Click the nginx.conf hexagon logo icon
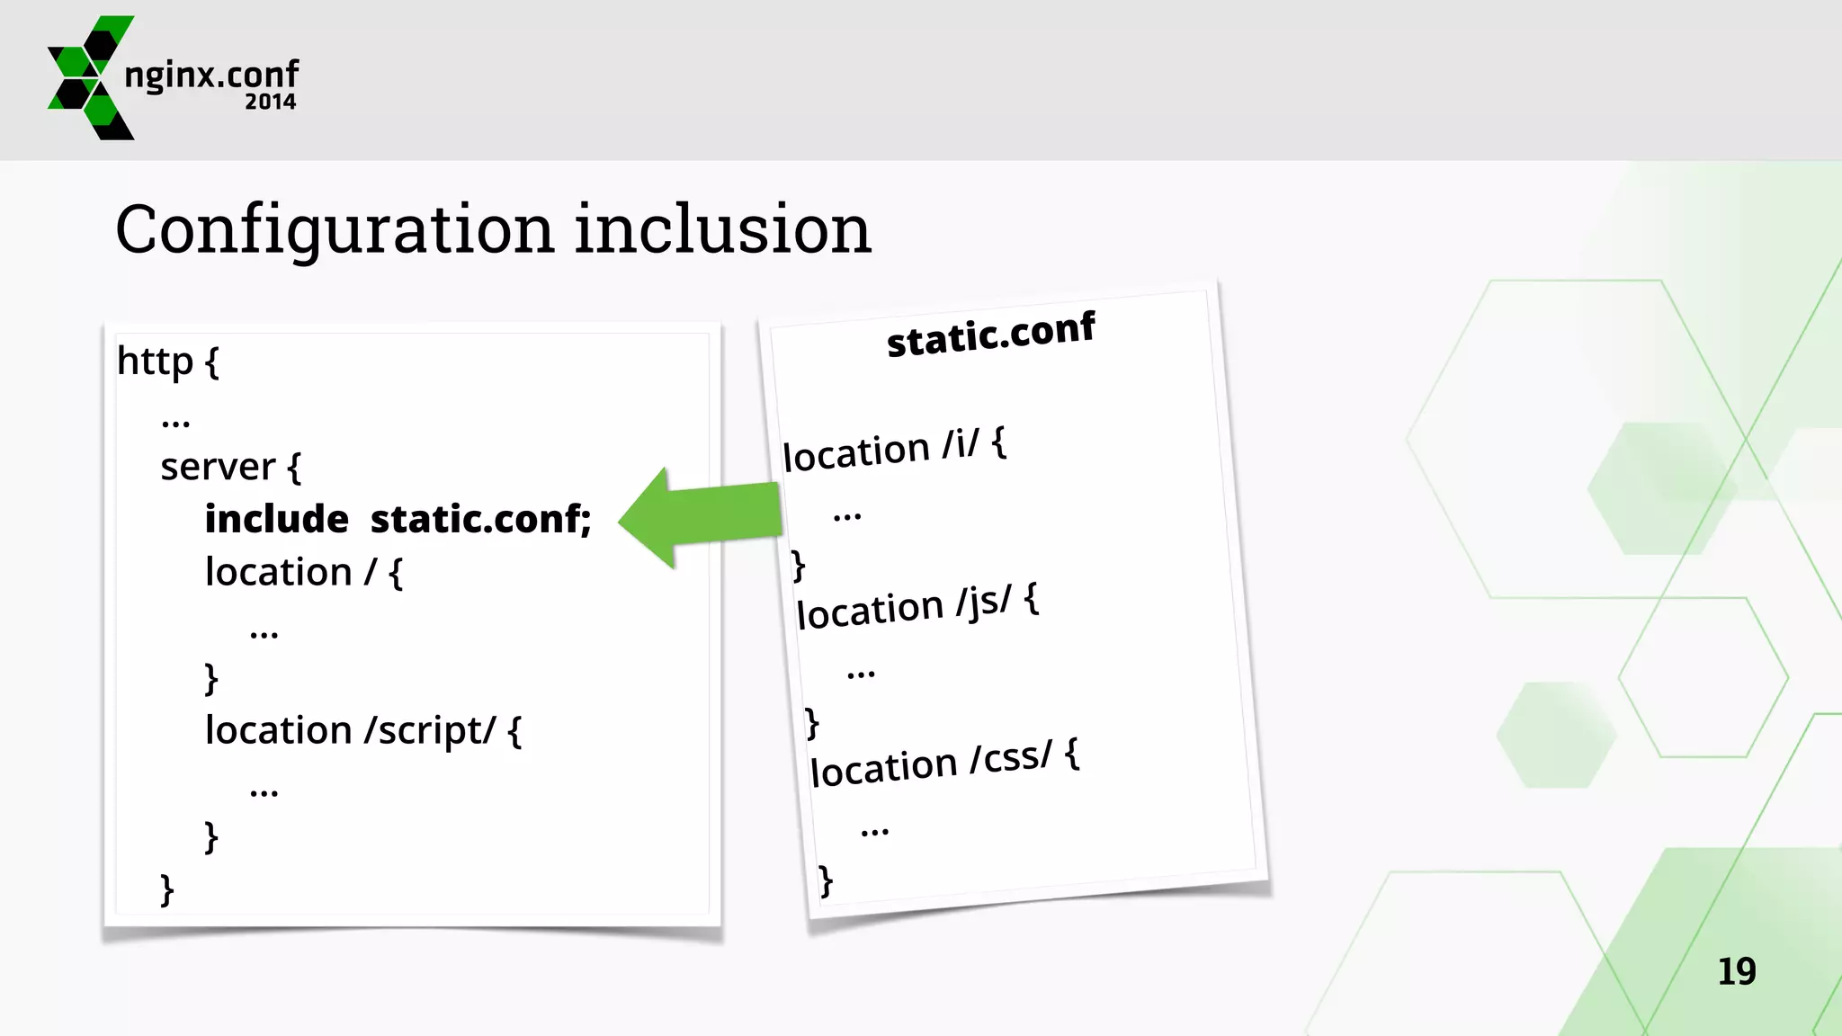(x=90, y=77)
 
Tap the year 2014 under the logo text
(x=270, y=102)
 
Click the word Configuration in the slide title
(x=334, y=230)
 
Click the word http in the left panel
(x=155, y=362)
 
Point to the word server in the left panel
(x=218, y=467)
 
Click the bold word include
(x=276, y=519)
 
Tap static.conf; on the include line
(x=480, y=519)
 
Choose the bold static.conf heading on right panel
(x=990, y=335)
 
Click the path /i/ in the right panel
(x=961, y=444)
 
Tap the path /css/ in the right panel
(x=1011, y=758)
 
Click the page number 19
(x=1736, y=971)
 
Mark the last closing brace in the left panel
(x=166, y=889)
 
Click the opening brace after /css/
(x=1072, y=754)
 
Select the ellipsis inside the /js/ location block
(x=861, y=672)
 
